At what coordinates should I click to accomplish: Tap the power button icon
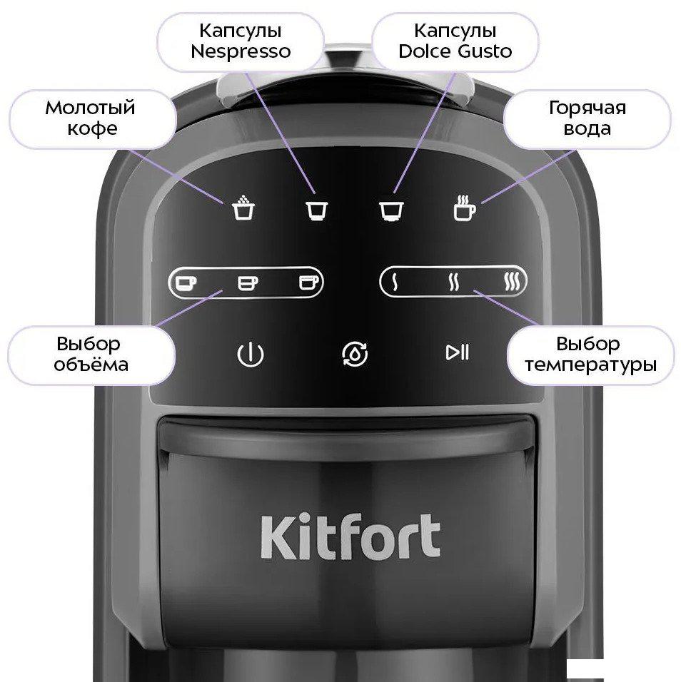(251, 355)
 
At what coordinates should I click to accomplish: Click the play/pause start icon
(458, 352)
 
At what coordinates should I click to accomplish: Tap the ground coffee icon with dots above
(243, 207)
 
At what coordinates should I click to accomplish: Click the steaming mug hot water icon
(465, 208)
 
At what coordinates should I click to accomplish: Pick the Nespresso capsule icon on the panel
(317, 210)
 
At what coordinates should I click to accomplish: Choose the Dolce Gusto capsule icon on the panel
(392, 210)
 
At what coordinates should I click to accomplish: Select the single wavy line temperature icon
(395, 282)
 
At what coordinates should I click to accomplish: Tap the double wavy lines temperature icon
(453, 282)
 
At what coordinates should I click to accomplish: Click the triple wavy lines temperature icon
(512, 282)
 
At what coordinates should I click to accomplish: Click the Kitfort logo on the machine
(350, 536)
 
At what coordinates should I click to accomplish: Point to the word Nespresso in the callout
(241, 51)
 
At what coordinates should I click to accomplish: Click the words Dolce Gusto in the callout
(455, 51)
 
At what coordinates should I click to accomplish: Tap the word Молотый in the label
(90, 108)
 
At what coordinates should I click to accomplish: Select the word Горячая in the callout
(587, 108)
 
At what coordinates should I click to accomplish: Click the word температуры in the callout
(590, 365)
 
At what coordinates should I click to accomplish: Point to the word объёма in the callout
(91, 364)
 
